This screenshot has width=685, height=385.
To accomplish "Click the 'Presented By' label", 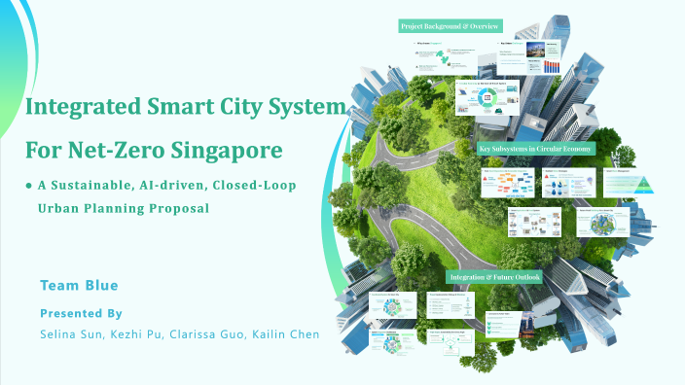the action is tap(81, 313).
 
